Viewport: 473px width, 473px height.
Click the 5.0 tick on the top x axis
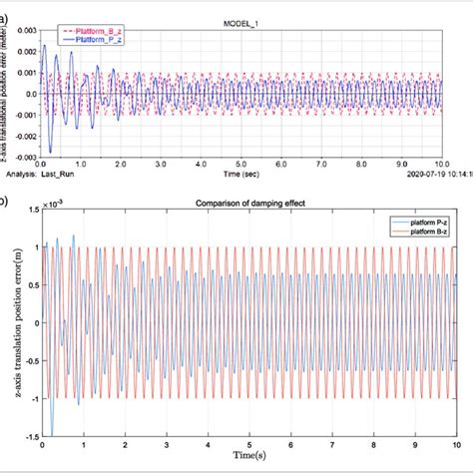[242, 162]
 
